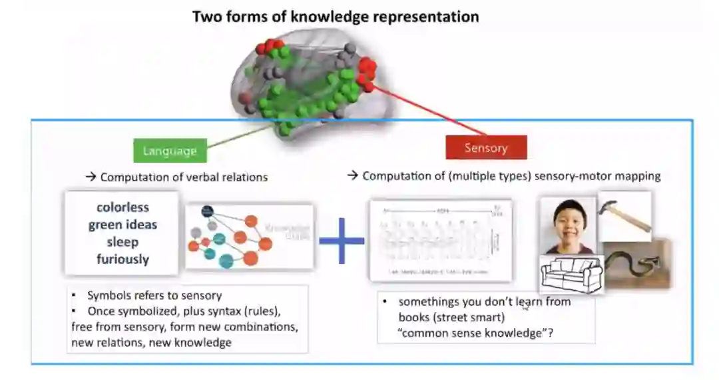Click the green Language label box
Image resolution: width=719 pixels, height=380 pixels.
pos(170,151)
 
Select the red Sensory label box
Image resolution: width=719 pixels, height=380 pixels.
pos(486,148)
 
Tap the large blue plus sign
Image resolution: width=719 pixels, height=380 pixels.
pos(342,240)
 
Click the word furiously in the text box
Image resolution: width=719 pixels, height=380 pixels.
pos(122,259)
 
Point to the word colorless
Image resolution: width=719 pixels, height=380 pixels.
pos(122,207)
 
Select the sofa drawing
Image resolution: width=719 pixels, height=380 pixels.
pos(572,274)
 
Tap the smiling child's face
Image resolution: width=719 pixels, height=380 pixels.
pos(568,224)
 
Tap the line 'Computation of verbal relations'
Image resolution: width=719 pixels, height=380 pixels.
pos(184,177)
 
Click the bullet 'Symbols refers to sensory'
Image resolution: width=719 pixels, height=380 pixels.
pos(154,295)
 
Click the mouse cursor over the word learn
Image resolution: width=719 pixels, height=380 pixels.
pos(525,306)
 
